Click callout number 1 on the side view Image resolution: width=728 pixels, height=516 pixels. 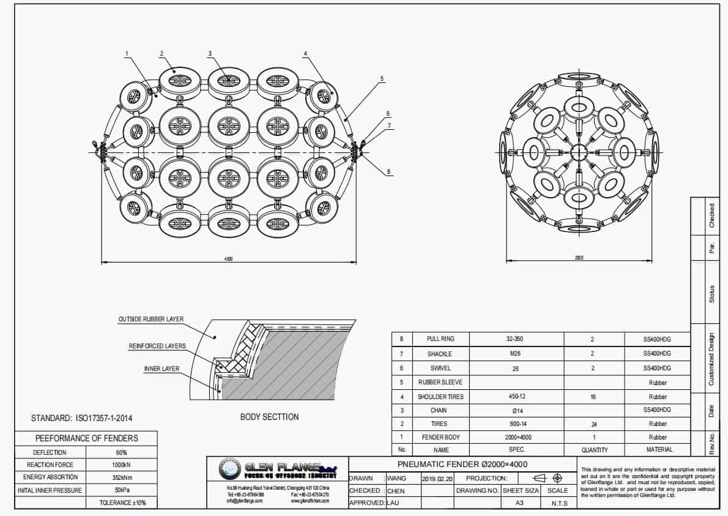click(127, 54)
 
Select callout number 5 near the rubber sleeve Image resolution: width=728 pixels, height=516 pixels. click(382, 78)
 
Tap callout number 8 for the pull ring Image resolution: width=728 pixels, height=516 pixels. click(388, 172)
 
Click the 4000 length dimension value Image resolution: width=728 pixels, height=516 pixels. click(229, 259)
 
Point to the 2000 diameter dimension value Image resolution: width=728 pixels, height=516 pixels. click(579, 258)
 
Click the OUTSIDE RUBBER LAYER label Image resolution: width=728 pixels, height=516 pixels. click(150, 320)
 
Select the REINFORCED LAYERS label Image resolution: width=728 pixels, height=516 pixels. click(157, 346)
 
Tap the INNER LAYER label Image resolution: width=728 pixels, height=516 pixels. click(162, 369)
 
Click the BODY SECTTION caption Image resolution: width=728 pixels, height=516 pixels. click(269, 417)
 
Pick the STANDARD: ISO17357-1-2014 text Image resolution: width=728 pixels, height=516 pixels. click(81, 419)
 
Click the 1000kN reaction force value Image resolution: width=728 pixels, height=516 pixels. click(121, 465)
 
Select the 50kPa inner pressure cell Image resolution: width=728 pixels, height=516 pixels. click(121, 490)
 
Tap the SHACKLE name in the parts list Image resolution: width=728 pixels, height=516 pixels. click(439, 354)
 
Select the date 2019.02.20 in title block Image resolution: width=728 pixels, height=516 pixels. click(437, 478)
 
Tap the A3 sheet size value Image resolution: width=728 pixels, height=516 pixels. click(521, 503)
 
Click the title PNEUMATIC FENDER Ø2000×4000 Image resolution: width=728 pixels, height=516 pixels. click(462, 464)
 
